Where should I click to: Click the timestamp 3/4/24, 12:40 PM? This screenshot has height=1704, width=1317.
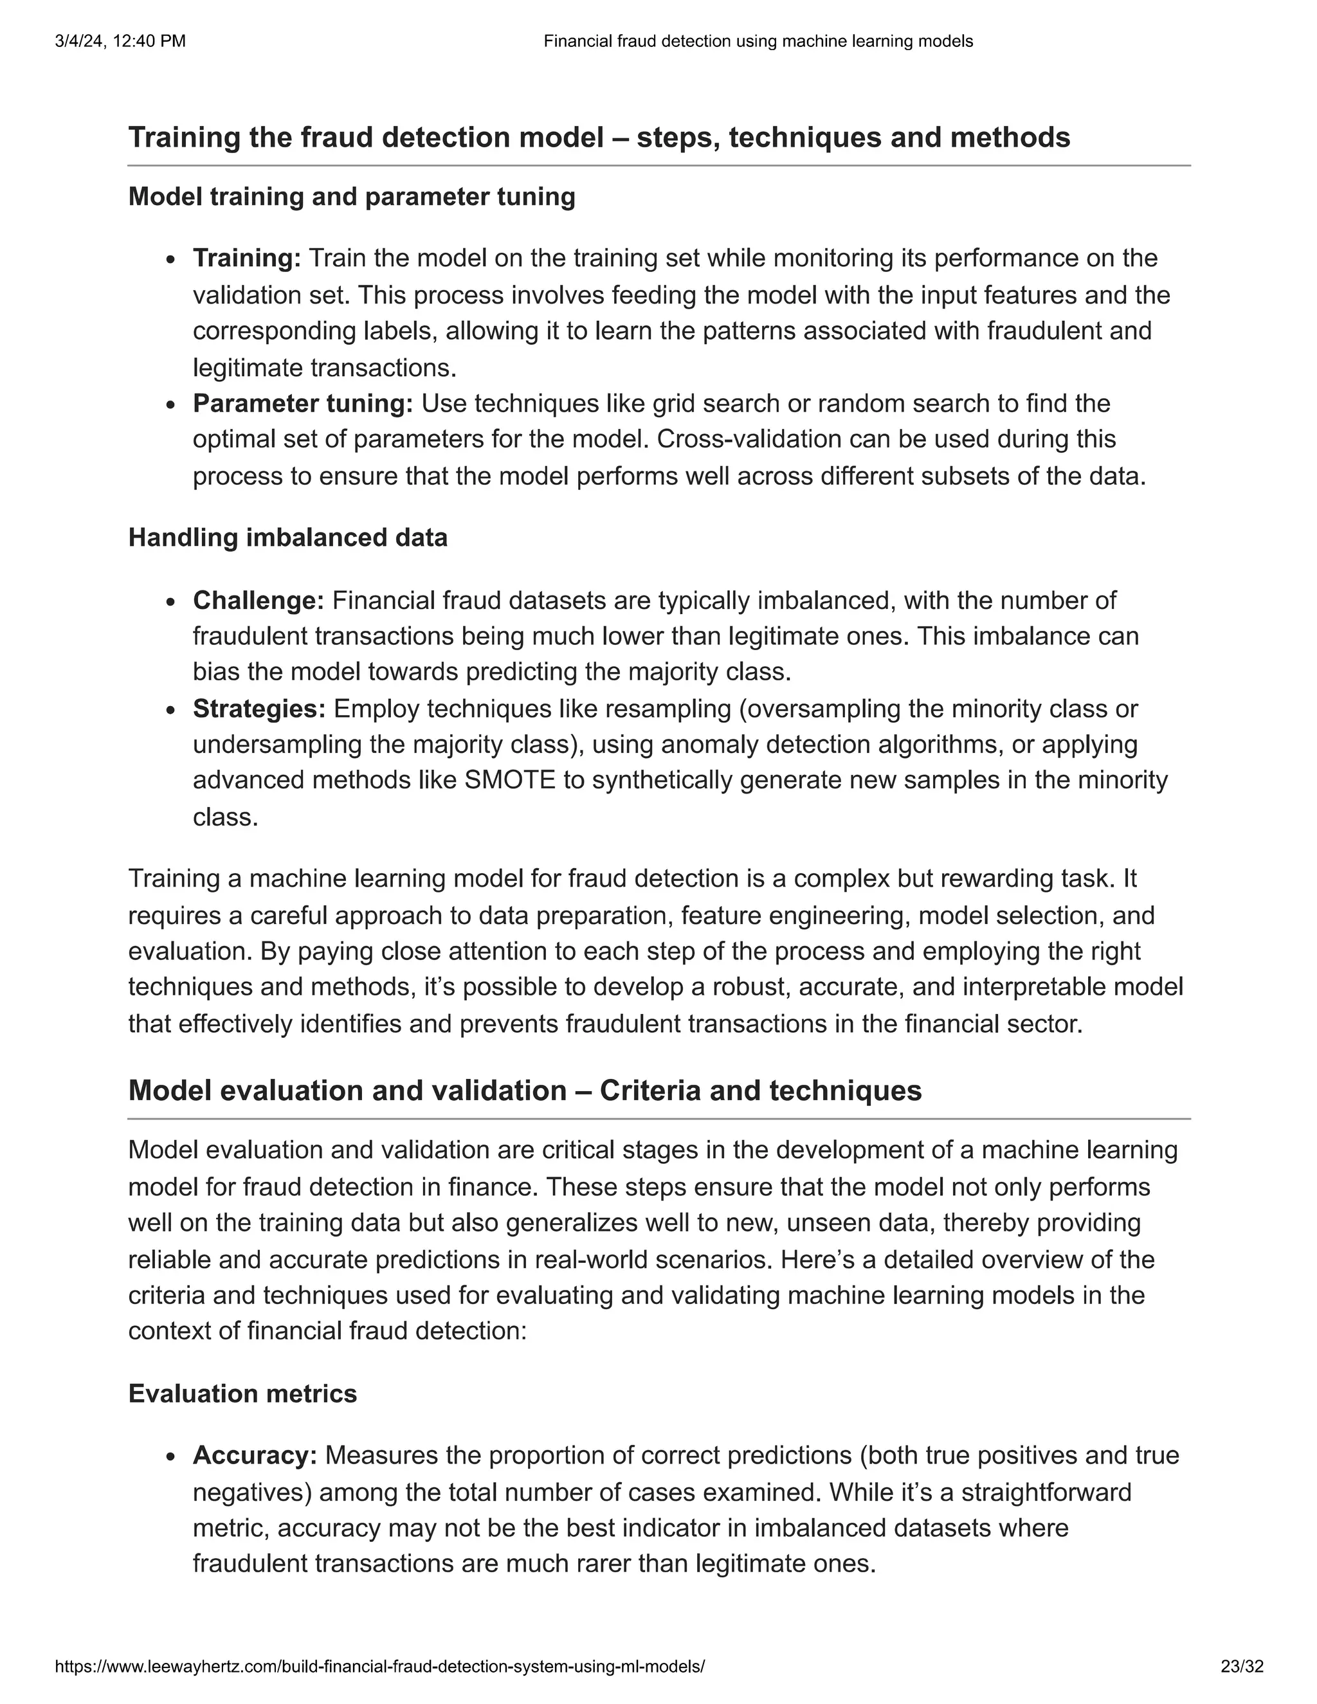[x=120, y=41]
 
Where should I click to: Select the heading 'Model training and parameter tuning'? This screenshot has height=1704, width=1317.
[x=351, y=197]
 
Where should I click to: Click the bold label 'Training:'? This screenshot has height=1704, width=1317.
[x=246, y=258]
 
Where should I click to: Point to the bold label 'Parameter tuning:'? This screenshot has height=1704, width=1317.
[x=303, y=403]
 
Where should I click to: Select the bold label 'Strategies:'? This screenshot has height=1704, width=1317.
[x=259, y=709]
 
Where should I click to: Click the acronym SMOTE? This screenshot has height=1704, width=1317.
[x=509, y=780]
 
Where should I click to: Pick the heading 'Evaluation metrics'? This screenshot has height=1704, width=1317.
[x=242, y=1393]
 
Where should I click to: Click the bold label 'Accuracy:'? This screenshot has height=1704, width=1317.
[x=255, y=1455]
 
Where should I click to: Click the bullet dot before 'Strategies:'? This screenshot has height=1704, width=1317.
[x=171, y=711]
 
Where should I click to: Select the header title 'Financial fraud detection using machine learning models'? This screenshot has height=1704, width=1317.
[x=758, y=41]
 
